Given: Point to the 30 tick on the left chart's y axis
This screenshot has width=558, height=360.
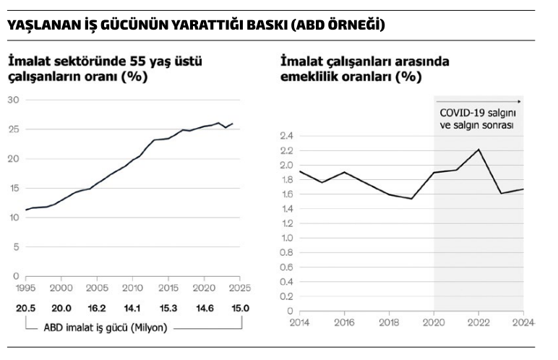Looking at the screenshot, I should pyautogui.click(x=13, y=99).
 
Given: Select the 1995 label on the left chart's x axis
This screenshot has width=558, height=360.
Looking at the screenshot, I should pyautogui.click(x=25, y=287).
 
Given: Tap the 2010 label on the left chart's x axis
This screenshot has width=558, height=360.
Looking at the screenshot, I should pyautogui.click(x=132, y=287).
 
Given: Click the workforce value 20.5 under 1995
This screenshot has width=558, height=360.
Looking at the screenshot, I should pyautogui.click(x=25, y=308).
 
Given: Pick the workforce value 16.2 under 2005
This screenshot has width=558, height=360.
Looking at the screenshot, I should pyautogui.click(x=97, y=308).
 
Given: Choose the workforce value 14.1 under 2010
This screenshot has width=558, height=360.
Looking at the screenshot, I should pyautogui.click(x=132, y=308).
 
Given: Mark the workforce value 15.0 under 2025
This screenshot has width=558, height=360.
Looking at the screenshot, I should pyautogui.click(x=240, y=308).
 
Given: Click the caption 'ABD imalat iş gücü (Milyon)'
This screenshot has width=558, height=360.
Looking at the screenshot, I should pyautogui.click(x=105, y=327).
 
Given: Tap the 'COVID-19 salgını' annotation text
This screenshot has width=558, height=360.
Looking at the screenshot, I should pyautogui.click(x=478, y=113).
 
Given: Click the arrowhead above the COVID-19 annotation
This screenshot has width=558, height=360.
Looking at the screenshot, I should pyautogui.click(x=519, y=101).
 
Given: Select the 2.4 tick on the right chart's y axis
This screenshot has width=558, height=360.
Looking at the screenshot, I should pyautogui.click(x=287, y=135).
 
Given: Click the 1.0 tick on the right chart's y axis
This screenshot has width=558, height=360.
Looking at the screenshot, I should pyautogui.click(x=287, y=238).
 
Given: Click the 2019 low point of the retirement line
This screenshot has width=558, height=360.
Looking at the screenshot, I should pyautogui.click(x=411, y=199).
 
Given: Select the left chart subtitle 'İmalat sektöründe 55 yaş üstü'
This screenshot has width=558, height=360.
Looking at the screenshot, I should pyautogui.click(x=106, y=61).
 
